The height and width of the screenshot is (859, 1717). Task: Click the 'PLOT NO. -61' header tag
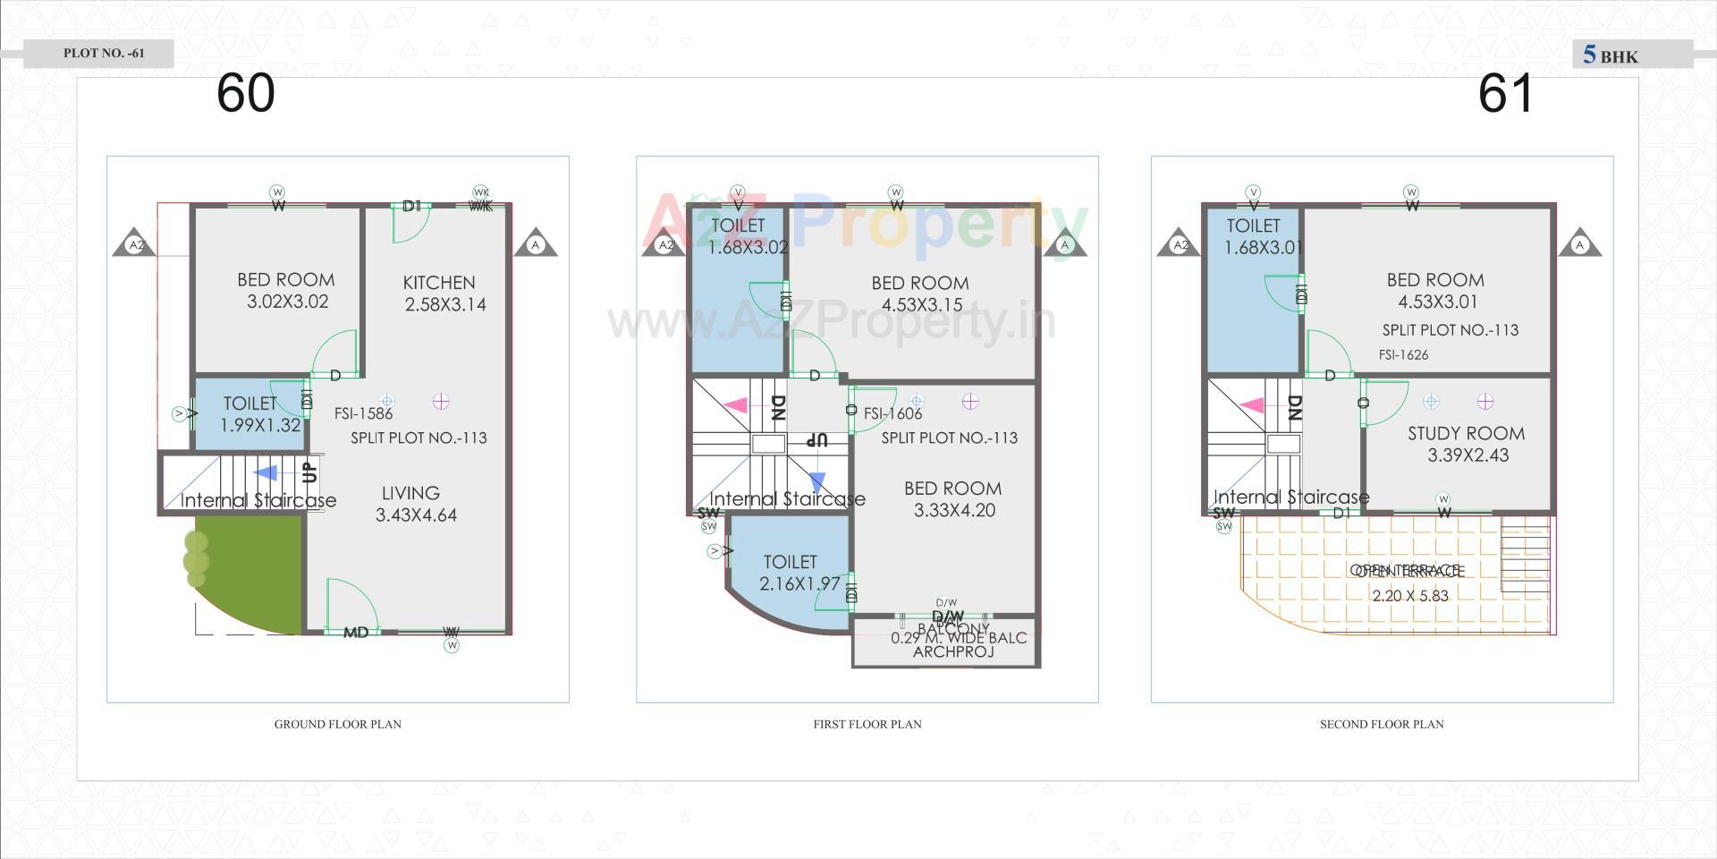point(104,54)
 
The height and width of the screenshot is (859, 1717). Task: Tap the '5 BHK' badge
point(1611,55)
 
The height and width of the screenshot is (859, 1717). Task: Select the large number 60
point(245,93)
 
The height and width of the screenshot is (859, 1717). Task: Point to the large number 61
point(1505,93)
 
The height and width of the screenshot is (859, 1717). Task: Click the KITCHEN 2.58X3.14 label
point(442,293)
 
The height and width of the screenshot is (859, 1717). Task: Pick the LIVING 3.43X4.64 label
point(414,504)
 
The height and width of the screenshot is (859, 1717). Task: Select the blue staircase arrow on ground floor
point(266,473)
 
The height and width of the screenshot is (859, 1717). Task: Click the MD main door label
point(356,633)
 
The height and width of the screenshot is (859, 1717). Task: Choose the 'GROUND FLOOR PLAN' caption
point(337,724)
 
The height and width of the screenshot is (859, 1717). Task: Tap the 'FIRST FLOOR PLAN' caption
point(867,724)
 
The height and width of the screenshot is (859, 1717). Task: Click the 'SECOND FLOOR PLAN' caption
point(1382,724)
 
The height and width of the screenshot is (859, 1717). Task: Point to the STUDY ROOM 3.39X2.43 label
point(1467,444)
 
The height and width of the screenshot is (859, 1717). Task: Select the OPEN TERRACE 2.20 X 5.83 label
point(1408,583)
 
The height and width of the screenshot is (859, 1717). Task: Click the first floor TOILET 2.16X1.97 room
point(791,573)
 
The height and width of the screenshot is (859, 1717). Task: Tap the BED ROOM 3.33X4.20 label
point(953,499)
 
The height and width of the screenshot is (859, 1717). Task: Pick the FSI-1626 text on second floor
point(1403,355)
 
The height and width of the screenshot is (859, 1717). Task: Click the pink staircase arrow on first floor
point(735,405)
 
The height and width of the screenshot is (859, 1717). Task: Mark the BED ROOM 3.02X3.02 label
point(286,291)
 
